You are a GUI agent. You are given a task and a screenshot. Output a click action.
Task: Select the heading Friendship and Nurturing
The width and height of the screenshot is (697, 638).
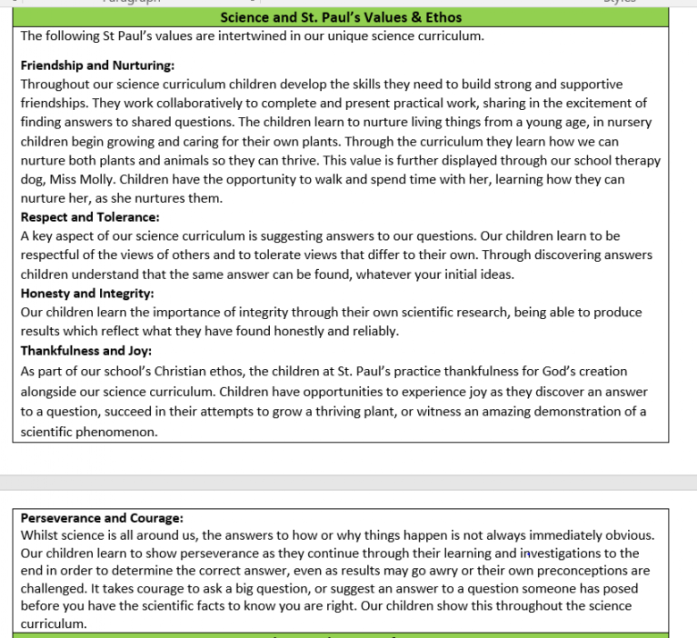point(97,65)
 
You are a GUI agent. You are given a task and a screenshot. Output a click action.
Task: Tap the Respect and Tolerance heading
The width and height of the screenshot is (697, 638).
point(89,216)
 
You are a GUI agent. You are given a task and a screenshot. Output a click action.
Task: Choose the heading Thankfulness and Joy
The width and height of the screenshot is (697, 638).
point(86,350)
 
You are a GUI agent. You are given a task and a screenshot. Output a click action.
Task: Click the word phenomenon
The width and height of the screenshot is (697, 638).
point(118,431)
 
